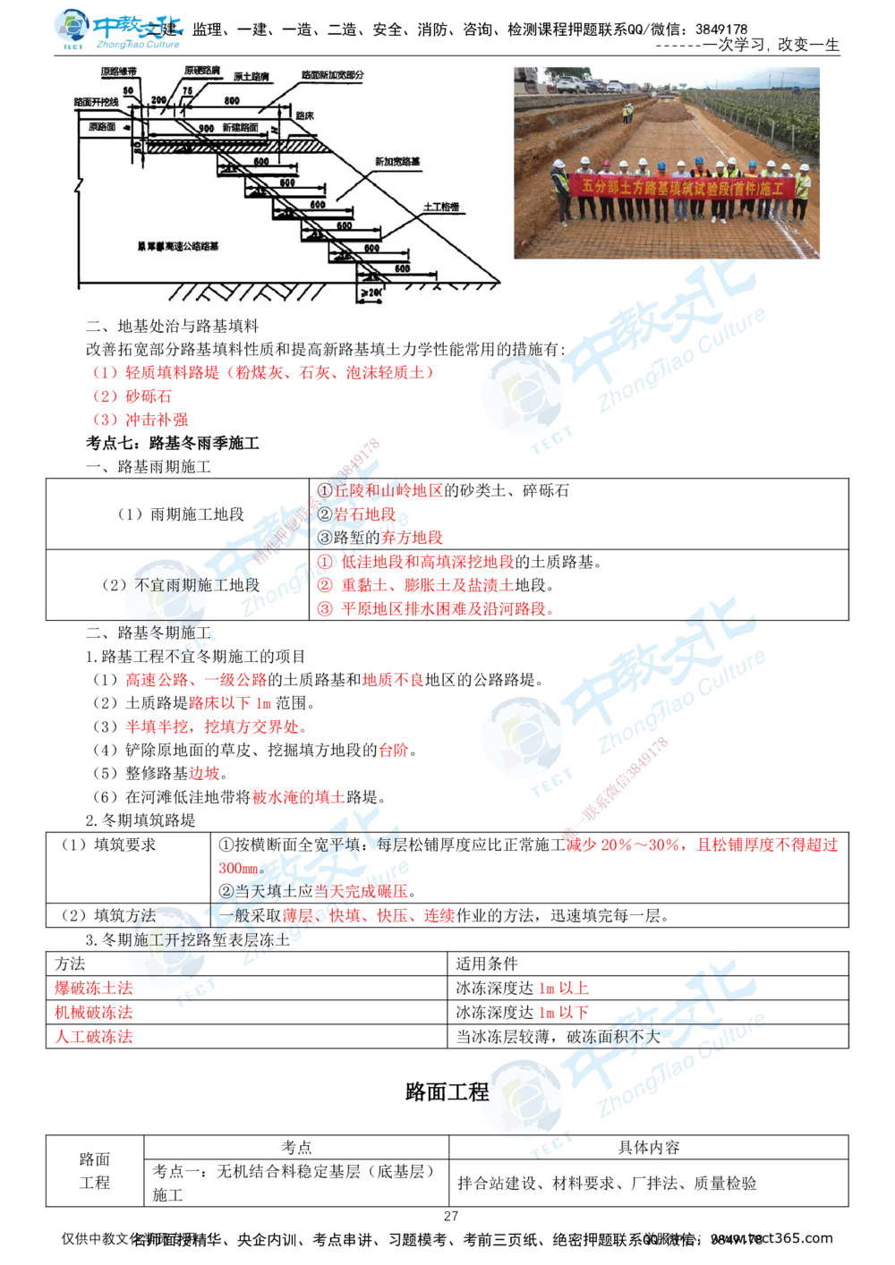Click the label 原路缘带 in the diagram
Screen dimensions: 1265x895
[x=117, y=71]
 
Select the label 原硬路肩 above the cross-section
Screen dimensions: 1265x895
[x=202, y=70]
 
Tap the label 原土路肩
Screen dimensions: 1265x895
[x=252, y=78]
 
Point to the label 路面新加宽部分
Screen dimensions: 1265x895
[x=332, y=77]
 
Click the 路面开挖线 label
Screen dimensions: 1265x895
[x=96, y=103]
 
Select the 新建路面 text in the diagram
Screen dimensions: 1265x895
[x=240, y=128]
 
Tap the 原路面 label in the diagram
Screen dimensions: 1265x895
[x=102, y=127]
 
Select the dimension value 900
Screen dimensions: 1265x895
[x=207, y=129]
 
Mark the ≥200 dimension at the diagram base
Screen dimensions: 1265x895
[x=371, y=293]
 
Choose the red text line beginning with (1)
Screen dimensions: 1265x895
[x=264, y=371]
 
